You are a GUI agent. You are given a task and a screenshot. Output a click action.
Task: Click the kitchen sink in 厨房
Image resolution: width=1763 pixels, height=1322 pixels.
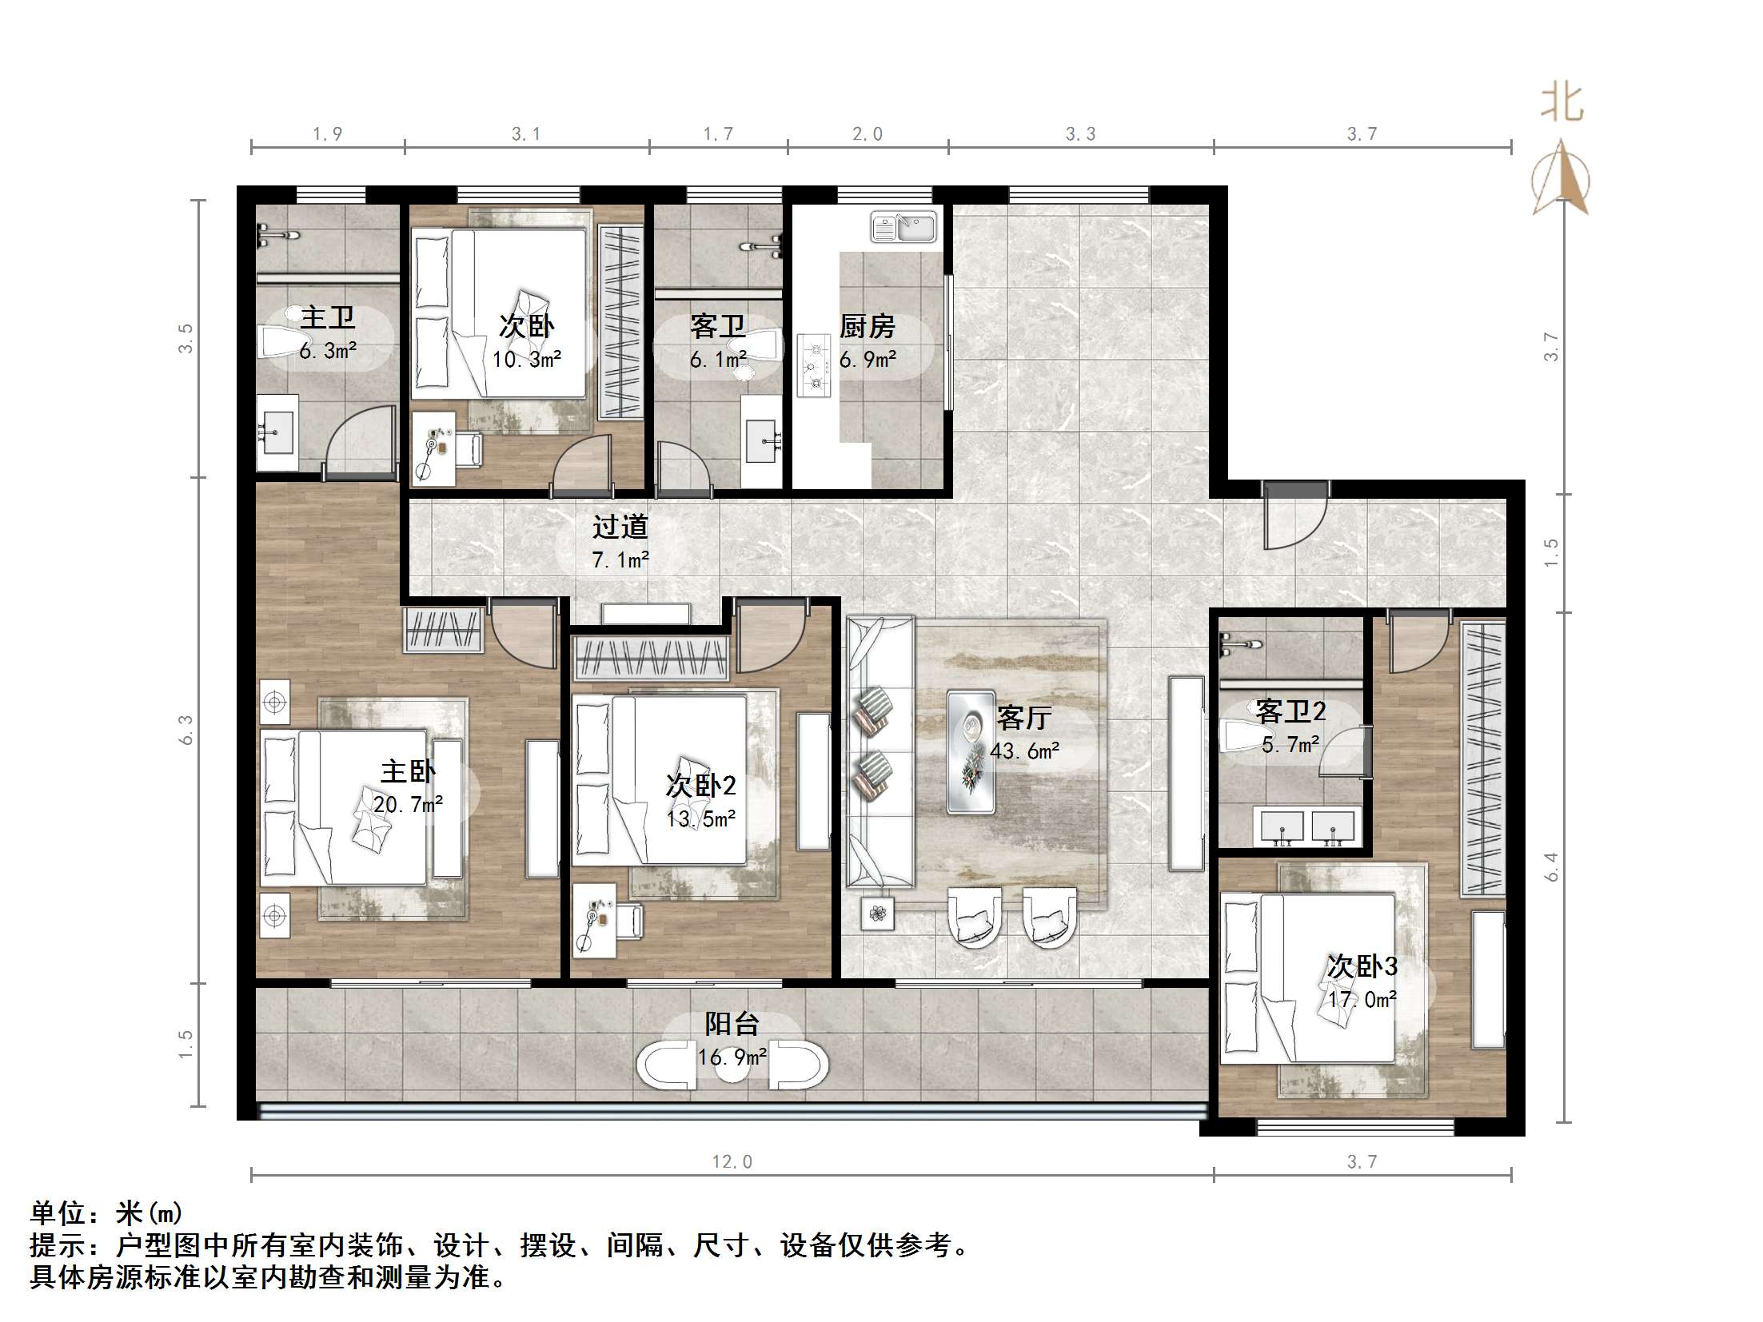click(903, 228)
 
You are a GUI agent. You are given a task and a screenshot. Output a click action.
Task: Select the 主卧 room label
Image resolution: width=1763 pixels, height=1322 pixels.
click(407, 772)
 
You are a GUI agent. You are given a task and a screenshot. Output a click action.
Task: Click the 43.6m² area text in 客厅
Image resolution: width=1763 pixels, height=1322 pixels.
click(1024, 751)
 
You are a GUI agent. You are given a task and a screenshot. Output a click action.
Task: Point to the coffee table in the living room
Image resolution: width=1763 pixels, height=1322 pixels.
click(971, 752)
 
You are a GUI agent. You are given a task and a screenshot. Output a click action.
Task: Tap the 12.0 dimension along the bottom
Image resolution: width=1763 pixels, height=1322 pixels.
click(732, 1161)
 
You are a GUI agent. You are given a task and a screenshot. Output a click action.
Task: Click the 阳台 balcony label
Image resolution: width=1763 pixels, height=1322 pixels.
click(732, 1025)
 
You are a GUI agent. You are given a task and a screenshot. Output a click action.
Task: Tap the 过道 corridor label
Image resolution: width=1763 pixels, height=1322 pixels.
click(620, 528)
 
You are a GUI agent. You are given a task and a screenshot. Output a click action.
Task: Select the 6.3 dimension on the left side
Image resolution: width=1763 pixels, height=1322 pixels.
click(185, 730)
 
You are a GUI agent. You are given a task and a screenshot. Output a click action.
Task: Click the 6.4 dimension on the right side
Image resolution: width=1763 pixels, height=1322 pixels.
click(1551, 866)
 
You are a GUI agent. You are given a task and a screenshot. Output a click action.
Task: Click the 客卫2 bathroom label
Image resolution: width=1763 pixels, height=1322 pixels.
click(1290, 711)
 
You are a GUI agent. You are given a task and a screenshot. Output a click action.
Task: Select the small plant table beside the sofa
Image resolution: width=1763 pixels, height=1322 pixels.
click(878, 914)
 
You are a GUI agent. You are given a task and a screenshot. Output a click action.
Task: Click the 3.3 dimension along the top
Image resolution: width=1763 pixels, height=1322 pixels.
click(1080, 134)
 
